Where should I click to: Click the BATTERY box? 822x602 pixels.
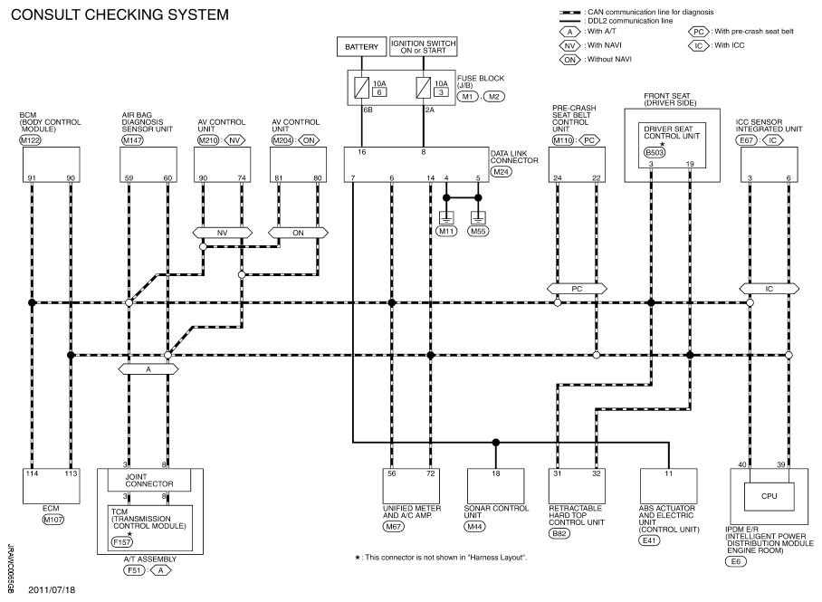361,47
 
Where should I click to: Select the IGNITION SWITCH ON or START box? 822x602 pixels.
423,47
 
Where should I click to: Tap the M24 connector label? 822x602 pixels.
502,171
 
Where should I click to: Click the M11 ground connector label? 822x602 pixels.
446,231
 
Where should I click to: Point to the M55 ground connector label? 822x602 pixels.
478,231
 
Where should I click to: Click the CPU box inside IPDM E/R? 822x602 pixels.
769,496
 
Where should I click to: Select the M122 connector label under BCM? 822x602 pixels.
30,140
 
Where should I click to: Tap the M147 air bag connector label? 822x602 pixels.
133,140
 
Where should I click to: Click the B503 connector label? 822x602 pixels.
655,153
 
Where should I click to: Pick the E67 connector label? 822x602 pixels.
746,140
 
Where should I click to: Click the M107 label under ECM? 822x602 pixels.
53,520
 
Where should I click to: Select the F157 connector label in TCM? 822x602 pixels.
121,542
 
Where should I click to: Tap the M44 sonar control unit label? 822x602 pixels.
474,527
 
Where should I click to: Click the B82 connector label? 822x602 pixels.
559,534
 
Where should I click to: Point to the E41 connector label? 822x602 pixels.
649,540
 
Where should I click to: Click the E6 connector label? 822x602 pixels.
736,561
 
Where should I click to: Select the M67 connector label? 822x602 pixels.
393,527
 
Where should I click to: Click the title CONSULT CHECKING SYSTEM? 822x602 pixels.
119,14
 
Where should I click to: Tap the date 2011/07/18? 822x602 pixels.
52,590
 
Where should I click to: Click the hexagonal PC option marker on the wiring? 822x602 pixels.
577,289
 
